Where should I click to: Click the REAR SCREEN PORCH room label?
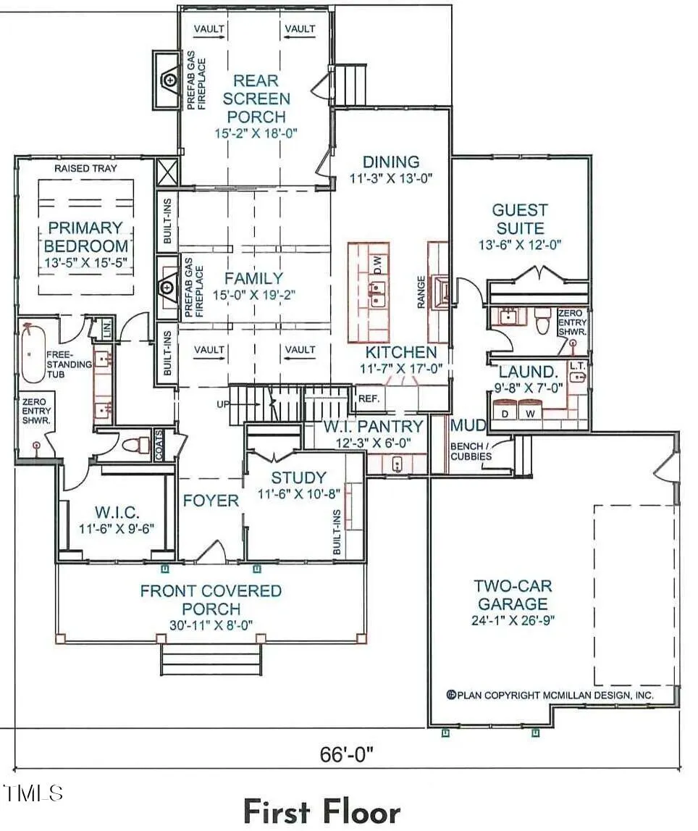pyautogui.click(x=256, y=99)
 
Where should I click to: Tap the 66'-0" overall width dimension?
pyautogui.click(x=347, y=753)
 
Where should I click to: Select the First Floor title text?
pyautogui.click(x=322, y=811)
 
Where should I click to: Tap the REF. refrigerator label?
pyautogui.click(x=369, y=398)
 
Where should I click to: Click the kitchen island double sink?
pyautogui.click(x=377, y=295)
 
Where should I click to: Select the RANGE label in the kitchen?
pyautogui.click(x=421, y=291)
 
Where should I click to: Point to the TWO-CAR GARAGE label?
pyautogui.click(x=513, y=595)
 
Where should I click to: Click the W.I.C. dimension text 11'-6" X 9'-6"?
pyautogui.click(x=117, y=528)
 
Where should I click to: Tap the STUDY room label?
pyautogui.click(x=299, y=477)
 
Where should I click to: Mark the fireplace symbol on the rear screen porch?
pyautogui.click(x=169, y=80)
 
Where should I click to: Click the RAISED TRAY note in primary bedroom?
pyautogui.click(x=85, y=169)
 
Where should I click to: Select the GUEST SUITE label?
pyautogui.click(x=520, y=219)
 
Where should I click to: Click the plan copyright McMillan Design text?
pyautogui.click(x=550, y=695)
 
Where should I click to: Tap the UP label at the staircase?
pyautogui.click(x=223, y=404)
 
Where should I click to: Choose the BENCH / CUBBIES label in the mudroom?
pyautogui.click(x=471, y=451)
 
